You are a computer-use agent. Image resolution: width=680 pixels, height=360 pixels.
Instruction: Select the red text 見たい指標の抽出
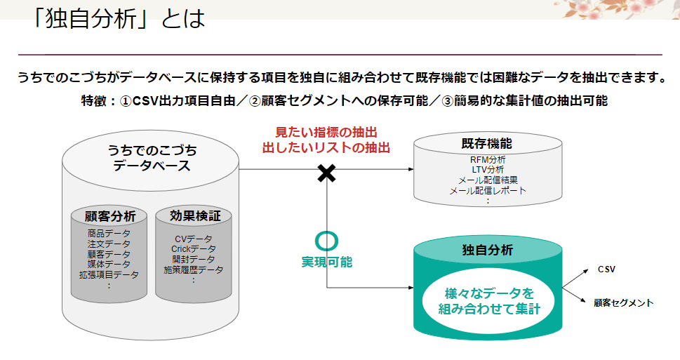coord(326,132)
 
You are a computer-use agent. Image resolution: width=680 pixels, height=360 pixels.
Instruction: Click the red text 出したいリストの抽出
coord(326,147)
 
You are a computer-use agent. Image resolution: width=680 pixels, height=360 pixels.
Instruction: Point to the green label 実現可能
coord(327,262)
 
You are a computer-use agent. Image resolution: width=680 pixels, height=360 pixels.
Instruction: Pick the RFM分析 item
coord(487,160)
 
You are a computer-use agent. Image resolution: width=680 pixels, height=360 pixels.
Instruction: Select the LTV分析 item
coord(487,170)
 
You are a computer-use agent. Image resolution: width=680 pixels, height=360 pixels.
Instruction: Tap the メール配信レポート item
coord(487,190)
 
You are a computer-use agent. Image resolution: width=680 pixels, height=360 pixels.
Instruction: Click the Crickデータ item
coord(194,249)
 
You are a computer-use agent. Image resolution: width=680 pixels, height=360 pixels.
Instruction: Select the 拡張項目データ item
coord(109,274)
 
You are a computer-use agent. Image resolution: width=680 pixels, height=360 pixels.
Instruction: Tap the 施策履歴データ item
coord(194,269)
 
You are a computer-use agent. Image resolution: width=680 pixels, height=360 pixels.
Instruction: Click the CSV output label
coord(606,269)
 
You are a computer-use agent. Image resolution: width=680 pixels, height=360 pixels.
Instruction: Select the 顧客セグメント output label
coord(623,303)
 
